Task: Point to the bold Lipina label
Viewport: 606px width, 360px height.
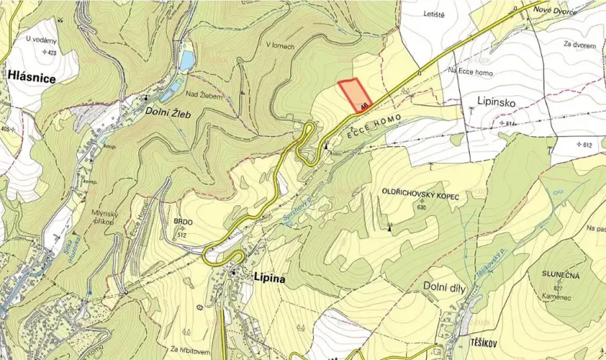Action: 268,278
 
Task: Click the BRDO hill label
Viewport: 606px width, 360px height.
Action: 183,222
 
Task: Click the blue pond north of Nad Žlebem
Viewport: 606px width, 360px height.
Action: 186,61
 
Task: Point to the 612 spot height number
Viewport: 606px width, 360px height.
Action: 589,145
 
